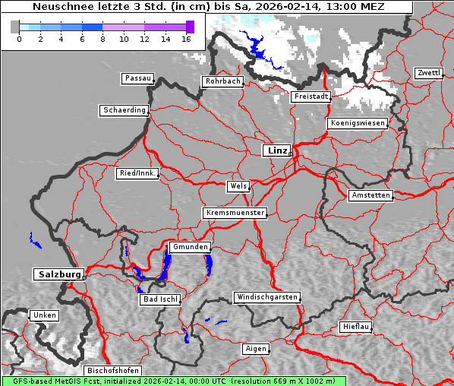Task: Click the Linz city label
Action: (x=276, y=150)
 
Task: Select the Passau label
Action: (x=137, y=78)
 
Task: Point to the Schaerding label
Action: (x=124, y=110)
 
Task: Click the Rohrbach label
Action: (x=222, y=81)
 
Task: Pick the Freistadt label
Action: (x=311, y=96)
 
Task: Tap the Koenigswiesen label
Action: (x=357, y=123)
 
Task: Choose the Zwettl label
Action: (x=428, y=73)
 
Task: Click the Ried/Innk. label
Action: (x=137, y=173)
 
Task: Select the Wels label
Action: (x=238, y=186)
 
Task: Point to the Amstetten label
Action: (x=370, y=195)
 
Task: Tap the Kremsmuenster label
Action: (x=235, y=213)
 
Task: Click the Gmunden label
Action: (x=189, y=248)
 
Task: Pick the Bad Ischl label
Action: (x=159, y=299)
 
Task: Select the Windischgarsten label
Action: (x=266, y=297)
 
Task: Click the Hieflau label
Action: (x=355, y=327)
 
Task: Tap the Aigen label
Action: (x=256, y=349)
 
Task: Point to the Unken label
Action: (x=44, y=315)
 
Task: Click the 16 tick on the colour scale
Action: (x=186, y=39)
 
